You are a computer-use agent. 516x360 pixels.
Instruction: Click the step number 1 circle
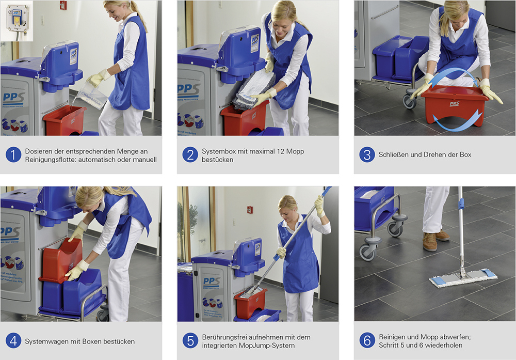coord(13,155)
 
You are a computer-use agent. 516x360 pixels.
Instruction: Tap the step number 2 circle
coord(190,155)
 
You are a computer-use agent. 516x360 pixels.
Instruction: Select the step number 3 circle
coord(367,155)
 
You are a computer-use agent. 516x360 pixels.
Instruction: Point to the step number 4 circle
coord(13,341)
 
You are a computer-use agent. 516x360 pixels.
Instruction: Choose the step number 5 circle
coord(190,341)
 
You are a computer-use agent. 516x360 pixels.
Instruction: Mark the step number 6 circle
coord(367,341)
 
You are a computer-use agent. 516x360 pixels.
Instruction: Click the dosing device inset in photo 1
coord(17,21)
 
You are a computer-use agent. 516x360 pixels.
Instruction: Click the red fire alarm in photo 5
coord(250,210)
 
